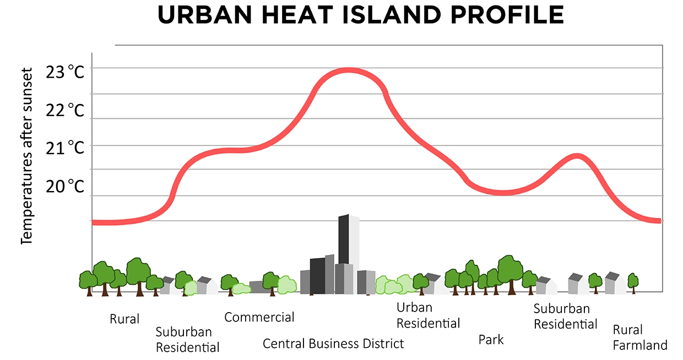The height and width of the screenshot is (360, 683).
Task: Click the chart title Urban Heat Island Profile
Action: tap(361, 15)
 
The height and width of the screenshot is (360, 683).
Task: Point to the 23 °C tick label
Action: tap(65, 72)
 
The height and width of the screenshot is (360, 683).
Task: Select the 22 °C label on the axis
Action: tap(65, 110)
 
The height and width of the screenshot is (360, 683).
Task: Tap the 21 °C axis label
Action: tap(65, 148)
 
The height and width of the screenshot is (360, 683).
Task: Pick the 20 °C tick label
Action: tap(65, 186)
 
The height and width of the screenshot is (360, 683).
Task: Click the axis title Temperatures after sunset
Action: tap(27, 156)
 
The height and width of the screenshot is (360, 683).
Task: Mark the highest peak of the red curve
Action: tap(348, 70)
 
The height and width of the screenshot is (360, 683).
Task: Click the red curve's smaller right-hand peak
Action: tap(577, 156)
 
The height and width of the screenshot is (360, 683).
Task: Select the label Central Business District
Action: tap(333, 344)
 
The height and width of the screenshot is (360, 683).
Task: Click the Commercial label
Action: tap(259, 317)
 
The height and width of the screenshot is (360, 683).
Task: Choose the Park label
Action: tap(491, 340)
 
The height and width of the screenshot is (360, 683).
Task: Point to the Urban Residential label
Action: tap(428, 315)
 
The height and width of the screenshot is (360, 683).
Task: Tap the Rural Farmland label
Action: tap(640, 337)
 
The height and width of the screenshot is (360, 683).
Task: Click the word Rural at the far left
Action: tap(124, 319)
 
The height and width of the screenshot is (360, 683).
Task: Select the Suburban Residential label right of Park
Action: tap(565, 317)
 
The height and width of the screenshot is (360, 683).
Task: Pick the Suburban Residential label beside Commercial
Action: tap(187, 340)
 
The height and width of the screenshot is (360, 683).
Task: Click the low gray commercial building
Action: tap(256, 287)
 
